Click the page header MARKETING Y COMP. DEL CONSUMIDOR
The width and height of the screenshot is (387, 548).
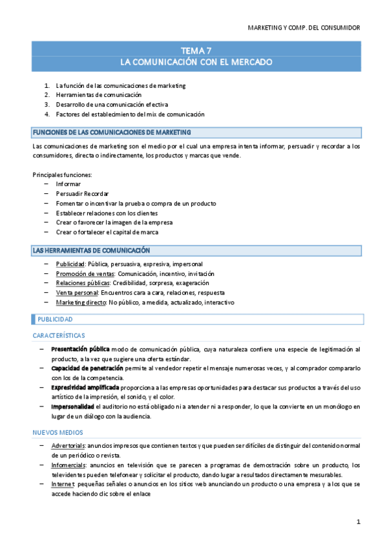click(x=304, y=28)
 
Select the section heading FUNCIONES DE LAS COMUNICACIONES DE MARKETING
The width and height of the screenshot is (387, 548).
click(x=107, y=132)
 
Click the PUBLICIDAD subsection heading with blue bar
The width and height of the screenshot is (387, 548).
click(x=55, y=319)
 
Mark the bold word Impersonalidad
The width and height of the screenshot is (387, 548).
click(x=72, y=406)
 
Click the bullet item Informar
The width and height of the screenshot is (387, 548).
click(x=68, y=184)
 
